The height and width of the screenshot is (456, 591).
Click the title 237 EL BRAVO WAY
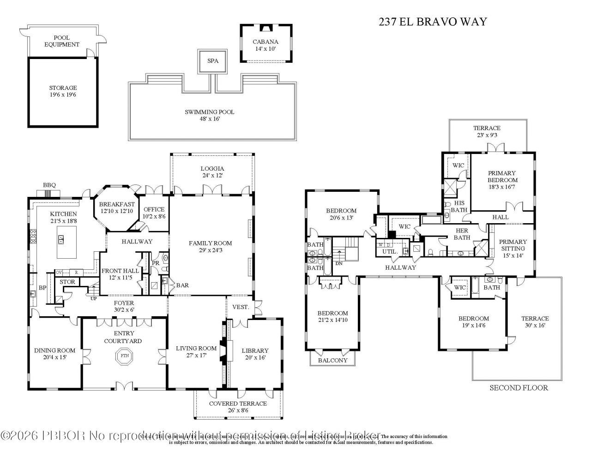click(x=432, y=22)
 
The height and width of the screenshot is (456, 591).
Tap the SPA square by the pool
click(x=212, y=61)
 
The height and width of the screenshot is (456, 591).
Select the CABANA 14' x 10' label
click(x=265, y=45)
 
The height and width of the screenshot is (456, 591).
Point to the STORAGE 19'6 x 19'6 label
click(x=63, y=91)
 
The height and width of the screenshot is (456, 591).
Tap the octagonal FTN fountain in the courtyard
click(x=124, y=356)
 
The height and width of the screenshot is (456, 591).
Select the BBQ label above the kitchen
click(x=49, y=185)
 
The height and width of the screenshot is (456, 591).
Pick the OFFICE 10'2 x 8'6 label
click(x=154, y=213)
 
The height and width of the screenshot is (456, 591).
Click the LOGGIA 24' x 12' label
click(x=212, y=172)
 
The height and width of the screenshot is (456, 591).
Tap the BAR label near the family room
click(x=182, y=285)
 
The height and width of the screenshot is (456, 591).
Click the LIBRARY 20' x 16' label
click(x=255, y=354)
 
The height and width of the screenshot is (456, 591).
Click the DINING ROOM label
click(x=54, y=354)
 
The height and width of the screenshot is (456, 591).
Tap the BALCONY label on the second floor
click(x=332, y=360)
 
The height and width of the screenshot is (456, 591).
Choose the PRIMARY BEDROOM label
click(x=502, y=177)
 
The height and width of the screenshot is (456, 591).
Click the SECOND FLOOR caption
click(x=519, y=388)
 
